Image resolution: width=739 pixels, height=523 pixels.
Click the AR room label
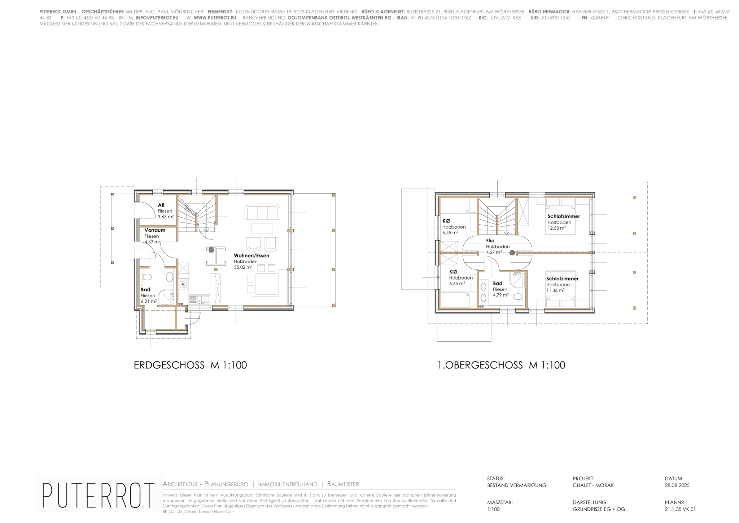[161, 205]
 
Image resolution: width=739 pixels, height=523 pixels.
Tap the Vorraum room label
[155, 230]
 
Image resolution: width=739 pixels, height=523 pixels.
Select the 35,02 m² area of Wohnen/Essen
[243, 267]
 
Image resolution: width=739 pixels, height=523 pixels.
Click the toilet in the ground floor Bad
[147, 277]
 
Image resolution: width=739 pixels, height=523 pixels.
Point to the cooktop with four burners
[183, 284]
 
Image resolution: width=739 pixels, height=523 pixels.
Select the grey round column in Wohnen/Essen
[211, 250]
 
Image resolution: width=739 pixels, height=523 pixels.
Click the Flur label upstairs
[490, 241]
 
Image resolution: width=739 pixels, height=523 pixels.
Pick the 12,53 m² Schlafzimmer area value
[556, 228]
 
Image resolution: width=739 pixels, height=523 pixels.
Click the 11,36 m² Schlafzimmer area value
[555, 290]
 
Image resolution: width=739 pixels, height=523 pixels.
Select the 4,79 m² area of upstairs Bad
[501, 295]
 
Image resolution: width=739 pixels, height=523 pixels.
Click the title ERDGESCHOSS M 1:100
[190, 365]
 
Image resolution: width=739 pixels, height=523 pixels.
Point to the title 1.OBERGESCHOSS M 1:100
[501, 365]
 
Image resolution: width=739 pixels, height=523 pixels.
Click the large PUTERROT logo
[98, 495]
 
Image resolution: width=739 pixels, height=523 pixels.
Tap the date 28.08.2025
[677, 485]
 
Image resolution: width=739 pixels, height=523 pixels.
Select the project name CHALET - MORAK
[593, 485]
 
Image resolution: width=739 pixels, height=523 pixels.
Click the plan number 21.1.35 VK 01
[680, 510]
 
